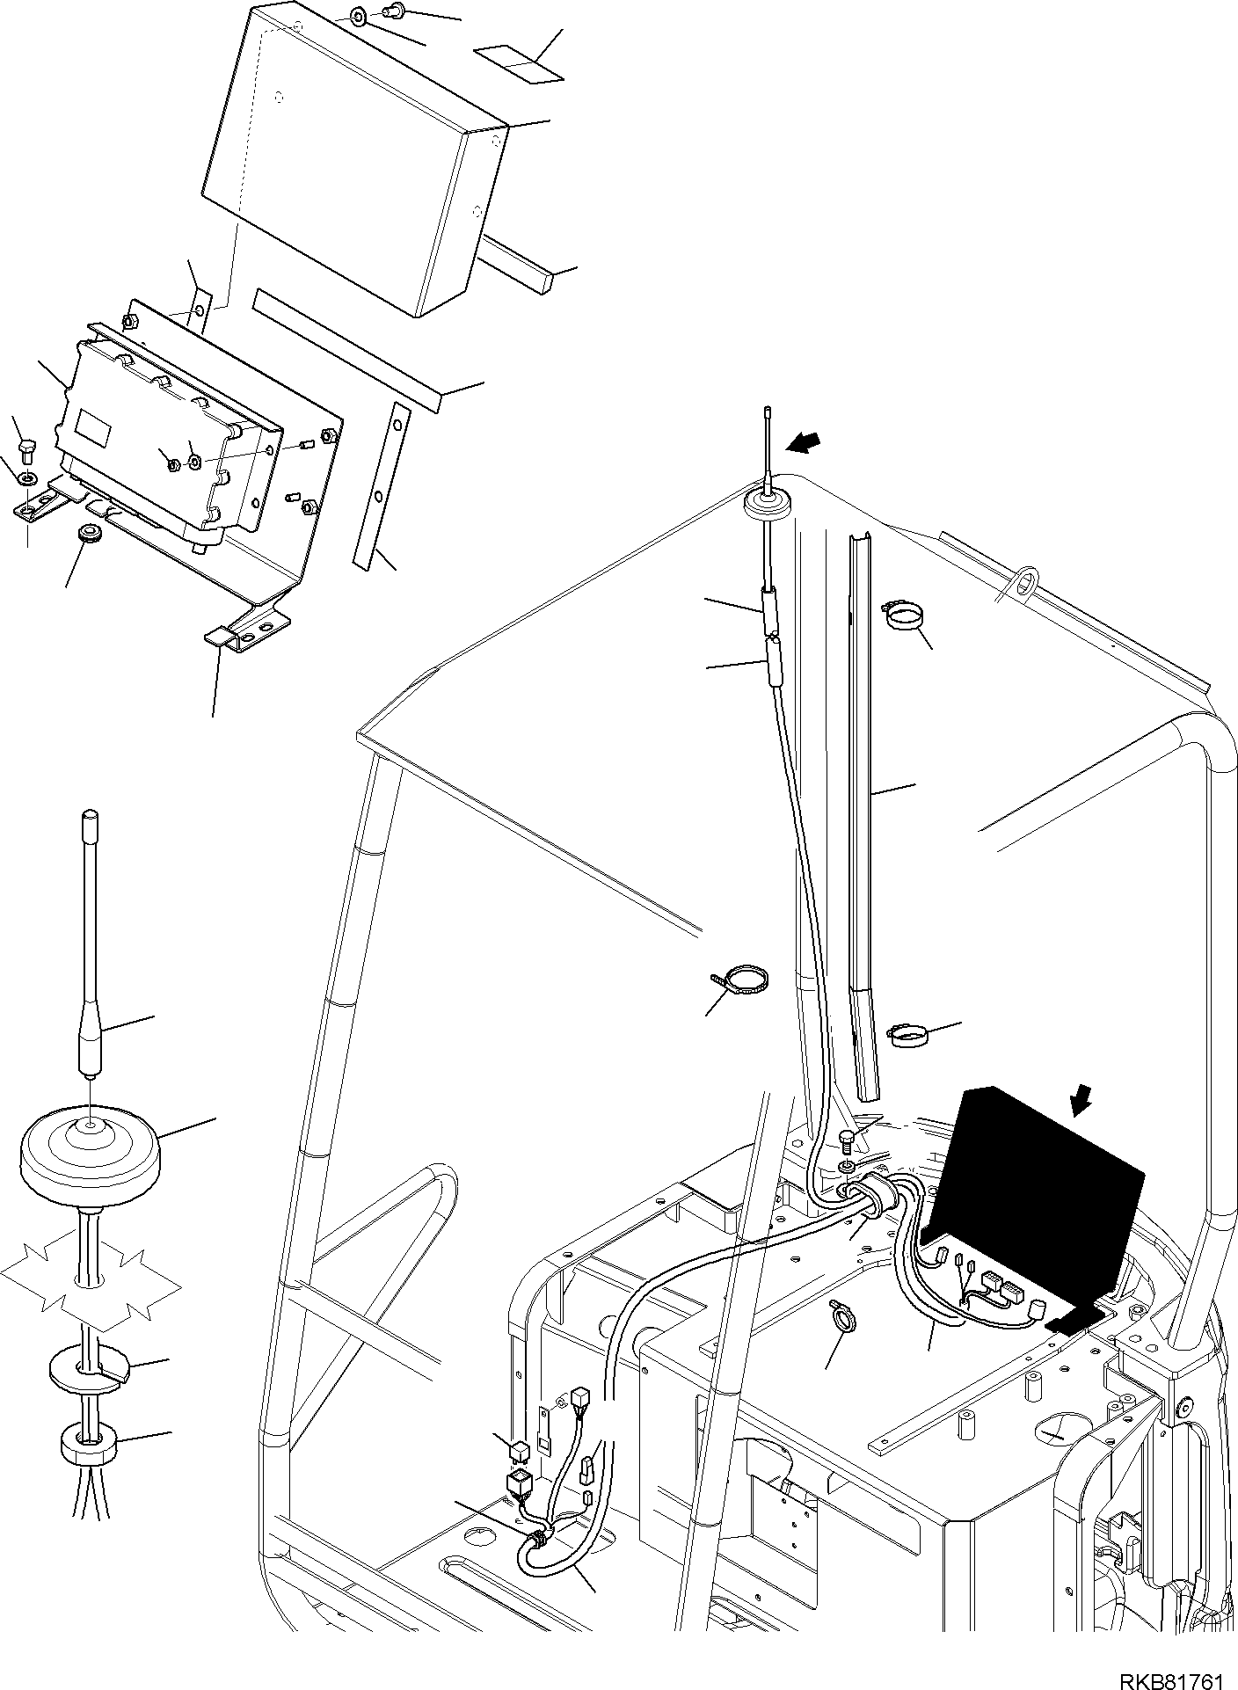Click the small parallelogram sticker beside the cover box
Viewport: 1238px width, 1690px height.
click(x=518, y=63)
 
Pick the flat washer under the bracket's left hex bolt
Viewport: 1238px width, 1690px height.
click(x=27, y=479)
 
